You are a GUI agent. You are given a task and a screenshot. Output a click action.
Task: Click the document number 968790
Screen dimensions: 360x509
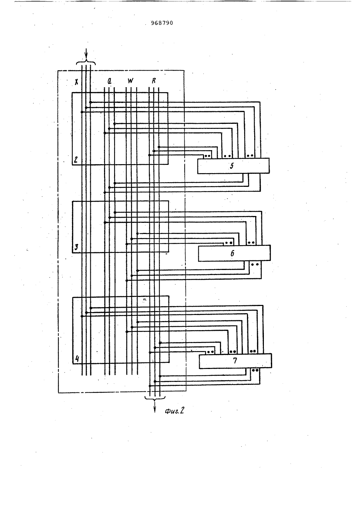162,23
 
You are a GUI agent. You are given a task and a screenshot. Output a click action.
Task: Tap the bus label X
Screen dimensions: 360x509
77,82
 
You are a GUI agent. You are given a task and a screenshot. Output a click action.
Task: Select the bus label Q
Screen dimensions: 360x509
109,81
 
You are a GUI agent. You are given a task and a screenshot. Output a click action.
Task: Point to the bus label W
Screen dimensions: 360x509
130,81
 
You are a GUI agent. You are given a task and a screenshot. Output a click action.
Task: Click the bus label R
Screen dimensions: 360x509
154,81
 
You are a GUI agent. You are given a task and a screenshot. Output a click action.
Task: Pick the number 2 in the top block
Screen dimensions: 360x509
76,159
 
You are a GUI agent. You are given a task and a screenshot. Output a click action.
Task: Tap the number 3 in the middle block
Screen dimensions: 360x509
76,247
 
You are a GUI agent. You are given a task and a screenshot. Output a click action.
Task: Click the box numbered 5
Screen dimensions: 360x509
233,166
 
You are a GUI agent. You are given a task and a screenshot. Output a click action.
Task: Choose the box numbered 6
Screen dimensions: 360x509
234,253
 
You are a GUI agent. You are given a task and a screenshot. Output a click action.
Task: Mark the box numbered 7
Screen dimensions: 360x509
235,361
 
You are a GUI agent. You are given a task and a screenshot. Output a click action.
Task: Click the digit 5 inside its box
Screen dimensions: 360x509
231,166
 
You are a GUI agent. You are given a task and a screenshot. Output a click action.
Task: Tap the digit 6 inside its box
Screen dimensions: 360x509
232,253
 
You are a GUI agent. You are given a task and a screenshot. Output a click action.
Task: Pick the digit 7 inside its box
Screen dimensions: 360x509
235,361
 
